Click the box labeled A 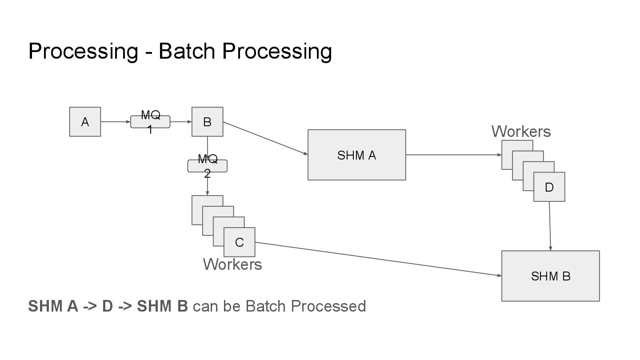point(85,122)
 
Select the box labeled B point(207,122)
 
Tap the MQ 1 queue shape point(150,122)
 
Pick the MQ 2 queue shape point(207,166)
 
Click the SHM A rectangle point(356,155)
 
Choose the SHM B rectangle point(550,276)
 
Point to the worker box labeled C point(240,242)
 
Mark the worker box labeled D point(549,187)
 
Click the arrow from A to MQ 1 point(116,122)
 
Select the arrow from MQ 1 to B point(180,122)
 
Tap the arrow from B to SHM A point(265,138)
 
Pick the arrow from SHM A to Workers point(453,155)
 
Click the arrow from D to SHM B point(550,226)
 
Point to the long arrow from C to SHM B point(378,259)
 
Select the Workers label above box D point(521,132)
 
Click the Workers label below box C point(232,264)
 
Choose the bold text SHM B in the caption point(162,307)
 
